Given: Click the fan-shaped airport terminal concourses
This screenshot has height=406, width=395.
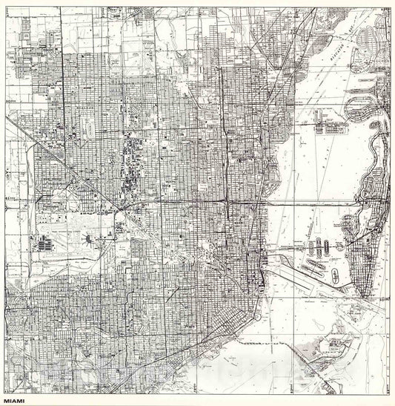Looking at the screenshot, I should click(89, 239).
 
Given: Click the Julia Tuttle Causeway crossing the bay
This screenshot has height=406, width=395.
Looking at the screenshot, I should click(311, 201).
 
